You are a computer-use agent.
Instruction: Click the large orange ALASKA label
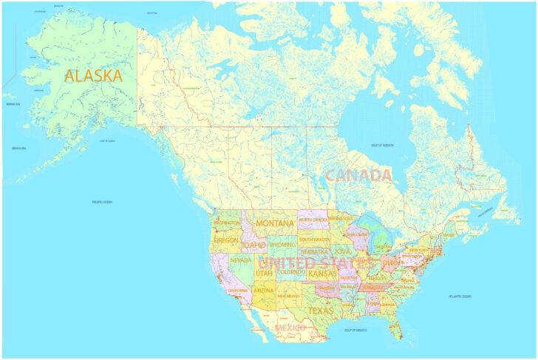coord(93,75)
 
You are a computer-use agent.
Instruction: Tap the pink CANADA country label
coord(358,175)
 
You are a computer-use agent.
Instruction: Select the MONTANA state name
coord(275,223)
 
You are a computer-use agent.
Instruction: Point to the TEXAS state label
coord(321,310)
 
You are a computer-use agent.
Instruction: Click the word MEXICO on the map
coord(290,327)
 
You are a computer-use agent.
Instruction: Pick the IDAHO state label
coord(253,245)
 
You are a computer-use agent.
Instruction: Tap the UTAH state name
coord(264,273)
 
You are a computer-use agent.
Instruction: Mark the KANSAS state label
coord(322,274)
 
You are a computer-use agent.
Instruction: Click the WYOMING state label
coord(282,244)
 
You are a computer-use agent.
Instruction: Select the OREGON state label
coord(226,240)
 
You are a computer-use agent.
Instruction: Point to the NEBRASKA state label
coord(315,251)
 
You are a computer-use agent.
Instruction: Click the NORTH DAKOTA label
coord(313,220)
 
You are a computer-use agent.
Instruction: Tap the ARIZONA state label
coord(263,291)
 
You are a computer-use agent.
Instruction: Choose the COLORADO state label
coord(291,272)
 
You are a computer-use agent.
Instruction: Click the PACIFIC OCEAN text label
coord(102,202)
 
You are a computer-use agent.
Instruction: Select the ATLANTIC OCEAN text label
coord(460,296)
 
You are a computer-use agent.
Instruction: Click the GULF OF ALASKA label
coord(109,140)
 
